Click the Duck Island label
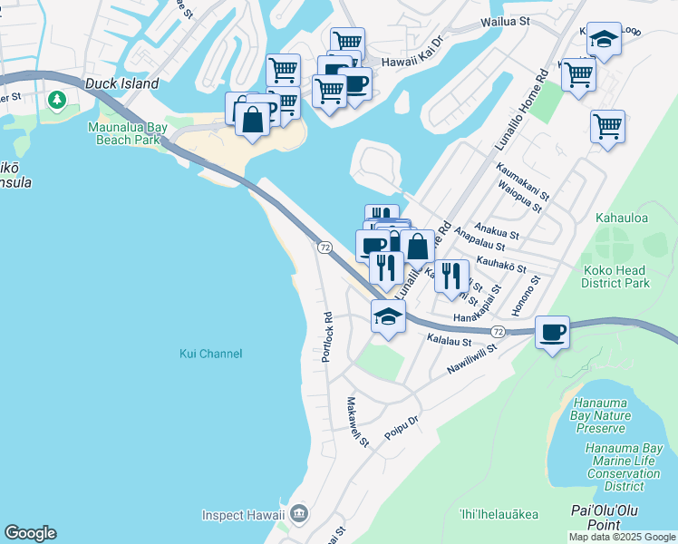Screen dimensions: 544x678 (x=122, y=83)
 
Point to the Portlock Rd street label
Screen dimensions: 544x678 (x=327, y=337)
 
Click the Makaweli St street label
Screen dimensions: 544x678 (x=357, y=423)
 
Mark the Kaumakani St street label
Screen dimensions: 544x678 (x=523, y=181)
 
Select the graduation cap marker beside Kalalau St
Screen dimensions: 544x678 (x=388, y=316)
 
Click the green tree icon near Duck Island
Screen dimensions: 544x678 (x=58, y=99)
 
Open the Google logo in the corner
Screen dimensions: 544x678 (x=30, y=533)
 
